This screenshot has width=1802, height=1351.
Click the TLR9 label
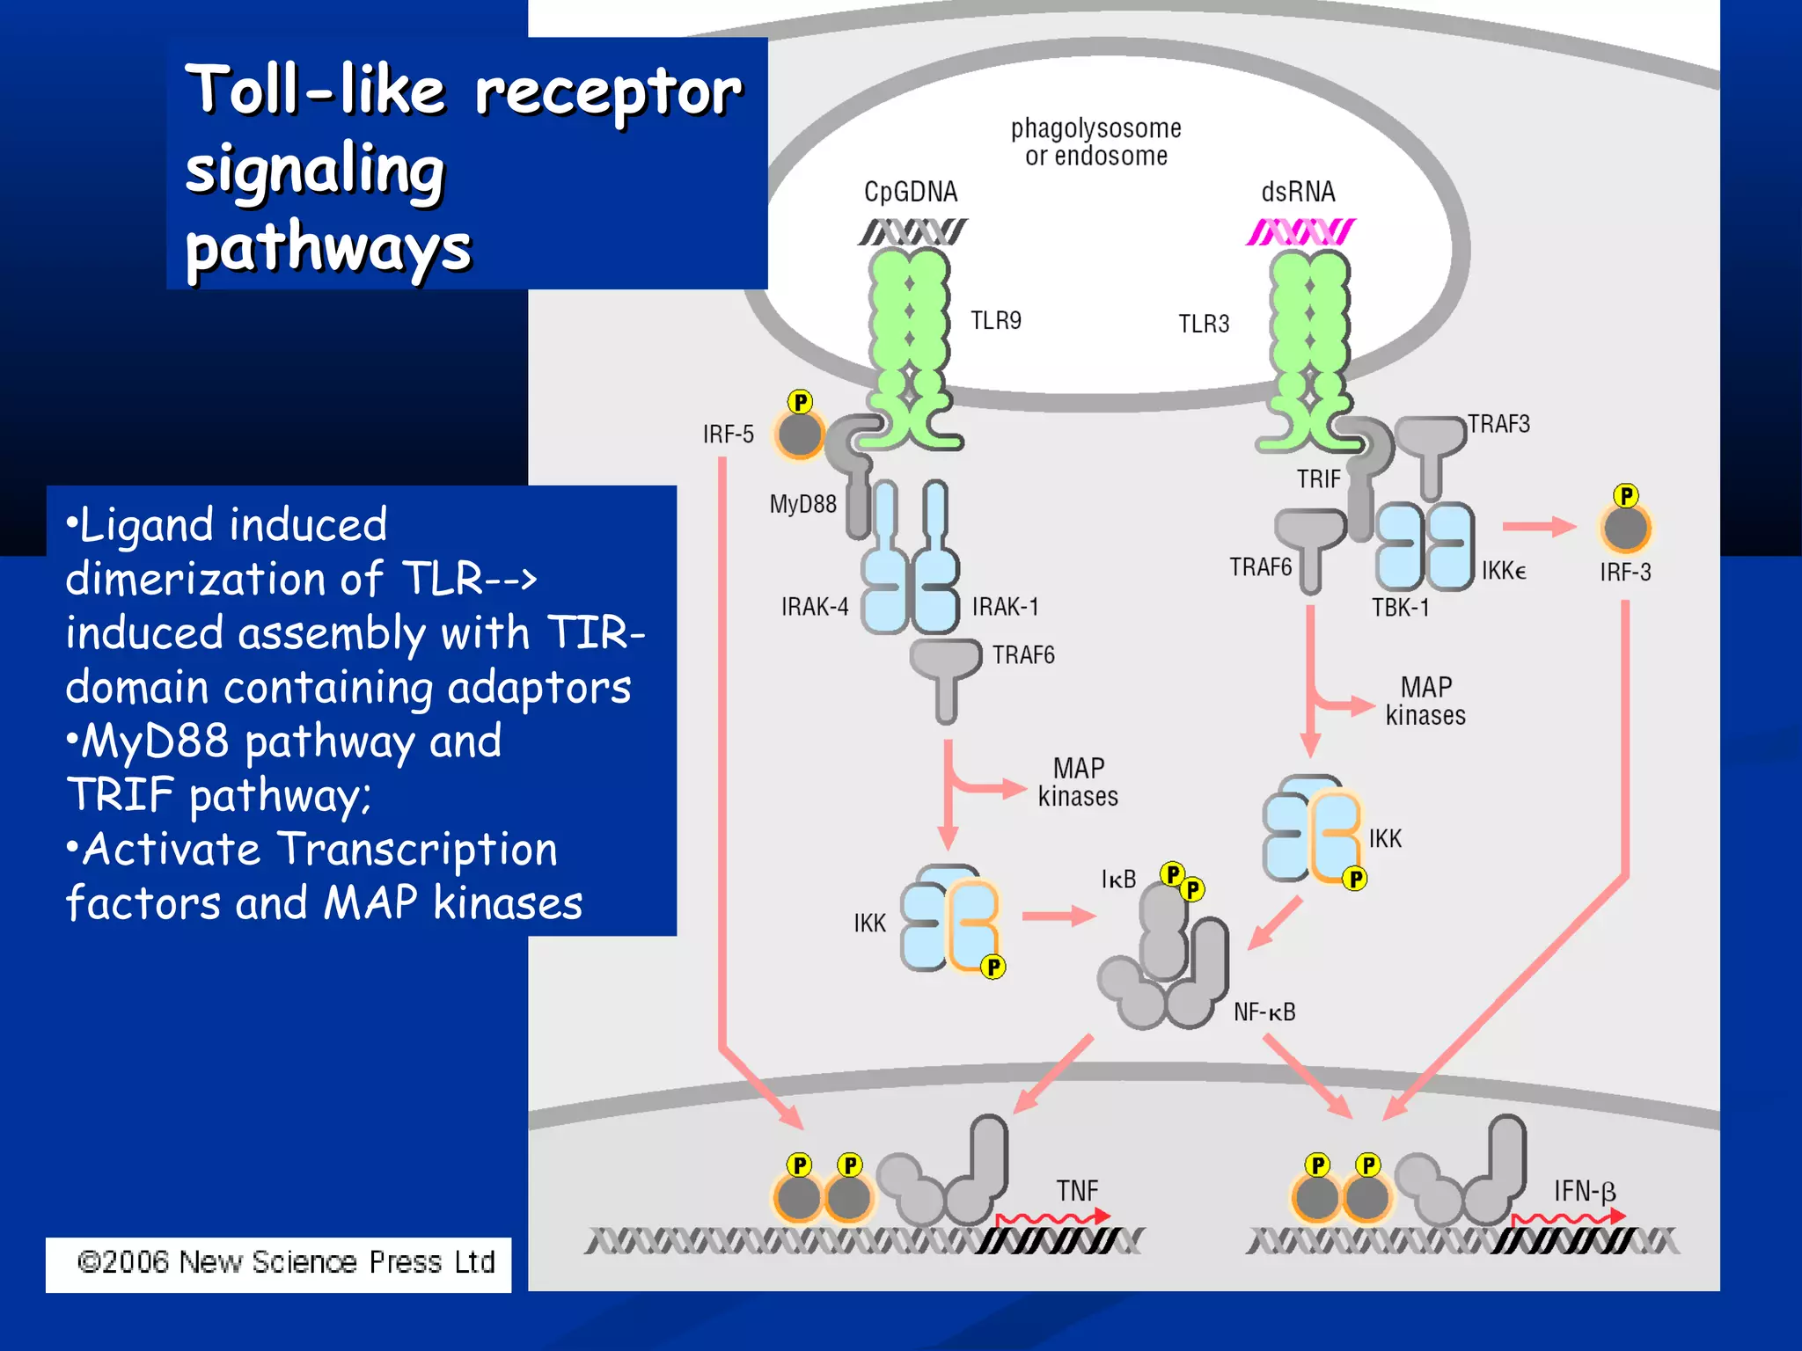click(x=995, y=320)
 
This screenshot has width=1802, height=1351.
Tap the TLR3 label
click(x=1203, y=324)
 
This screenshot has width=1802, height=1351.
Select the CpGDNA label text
click(x=910, y=192)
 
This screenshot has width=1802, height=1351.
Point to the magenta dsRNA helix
click(x=1300, y=232)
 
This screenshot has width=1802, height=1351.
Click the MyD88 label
click(x=802, y=504)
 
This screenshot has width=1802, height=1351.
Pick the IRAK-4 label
click(x=814, y=607)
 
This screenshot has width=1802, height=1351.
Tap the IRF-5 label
click(x=728, y=434)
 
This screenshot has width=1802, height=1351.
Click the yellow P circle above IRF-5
click(x=800, y=402)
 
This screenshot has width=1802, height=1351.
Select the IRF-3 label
click(x=1624, y=573)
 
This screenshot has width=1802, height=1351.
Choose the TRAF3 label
click(x=1498, y=424)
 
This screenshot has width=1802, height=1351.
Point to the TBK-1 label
click(x=1400, y=608)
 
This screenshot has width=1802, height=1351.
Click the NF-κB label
click(x=1264, y=1012)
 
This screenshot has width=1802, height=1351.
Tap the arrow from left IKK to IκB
click(x=1058, y=916)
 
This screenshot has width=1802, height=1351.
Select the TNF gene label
click(x=1077, y=1191)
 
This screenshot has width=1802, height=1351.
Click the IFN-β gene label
click(x=1584, y=1192)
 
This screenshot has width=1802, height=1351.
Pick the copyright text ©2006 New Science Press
click(x=286, y=1262)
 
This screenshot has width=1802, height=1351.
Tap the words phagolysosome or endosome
click(x=1095, y=142)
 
